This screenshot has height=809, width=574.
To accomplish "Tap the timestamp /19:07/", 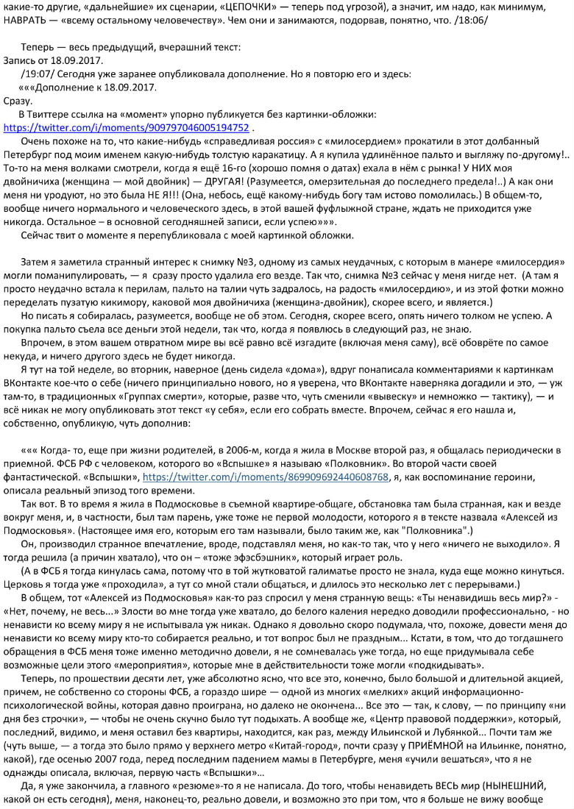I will pyautogui.click(x=40, y=74).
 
